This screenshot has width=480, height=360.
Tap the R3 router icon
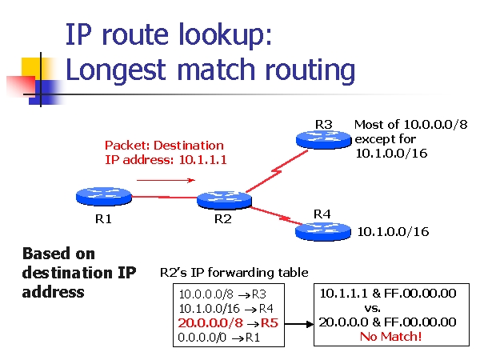click(x=322, y=138)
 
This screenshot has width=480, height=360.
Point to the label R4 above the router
click(x=322, y=214)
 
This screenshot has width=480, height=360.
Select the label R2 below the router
click(x=223, y=219)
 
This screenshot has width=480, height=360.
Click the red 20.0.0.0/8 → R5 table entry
click(x=228, y=323)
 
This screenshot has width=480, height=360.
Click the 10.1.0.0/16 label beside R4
click(x=393, y=232)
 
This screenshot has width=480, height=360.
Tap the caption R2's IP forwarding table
click(x=234, y=273)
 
